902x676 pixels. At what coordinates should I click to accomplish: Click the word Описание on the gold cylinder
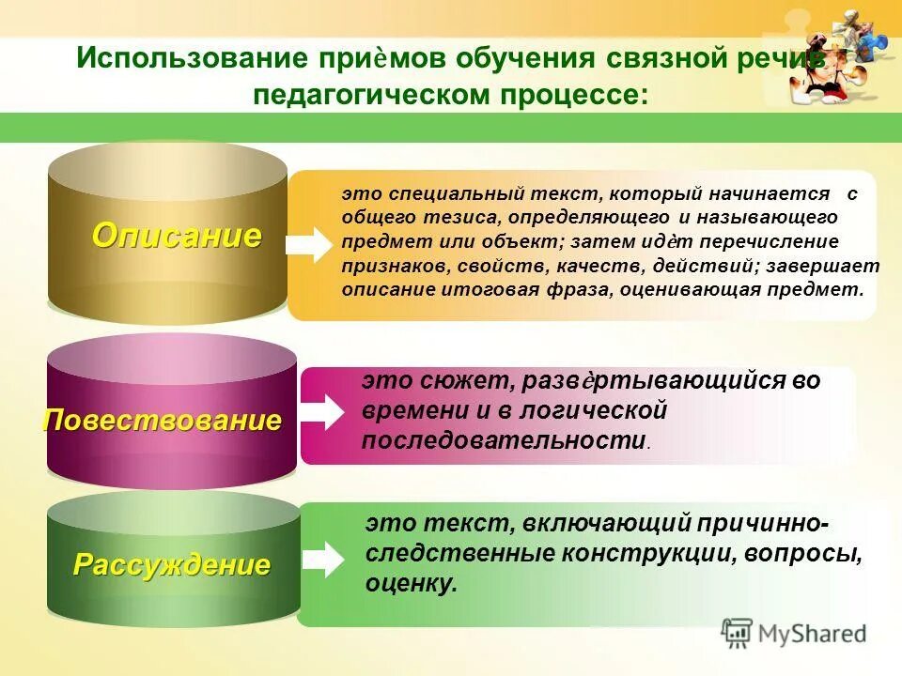point(176,236)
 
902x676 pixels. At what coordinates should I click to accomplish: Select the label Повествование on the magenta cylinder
point(162,420)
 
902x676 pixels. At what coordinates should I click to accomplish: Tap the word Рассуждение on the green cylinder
point(172,565)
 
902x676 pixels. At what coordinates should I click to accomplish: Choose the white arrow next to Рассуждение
point(322,559)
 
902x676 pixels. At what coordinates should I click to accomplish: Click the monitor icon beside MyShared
point(738,633)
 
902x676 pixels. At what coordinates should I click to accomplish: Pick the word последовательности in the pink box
point(504,440)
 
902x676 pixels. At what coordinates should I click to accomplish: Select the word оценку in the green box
point(411,584)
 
